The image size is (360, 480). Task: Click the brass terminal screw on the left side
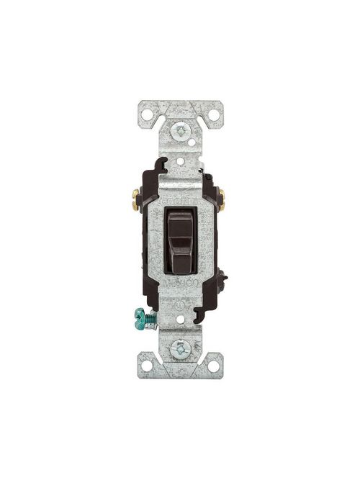135,196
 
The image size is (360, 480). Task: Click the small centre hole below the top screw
180,153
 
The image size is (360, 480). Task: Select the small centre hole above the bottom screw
180,329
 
